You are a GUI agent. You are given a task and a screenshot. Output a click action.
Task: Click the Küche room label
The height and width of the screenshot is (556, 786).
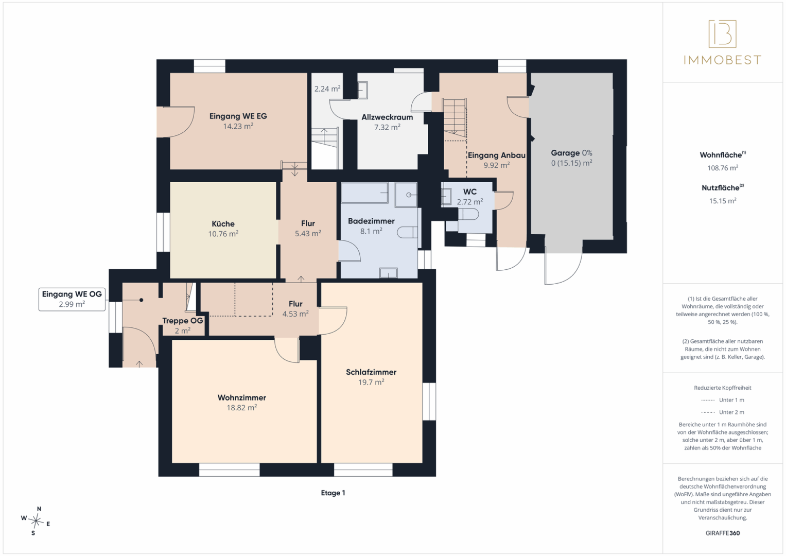223,223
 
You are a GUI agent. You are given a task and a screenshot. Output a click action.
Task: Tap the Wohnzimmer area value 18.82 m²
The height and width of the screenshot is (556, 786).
242,408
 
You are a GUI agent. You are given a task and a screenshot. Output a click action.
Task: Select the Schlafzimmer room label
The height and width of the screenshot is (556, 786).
371,372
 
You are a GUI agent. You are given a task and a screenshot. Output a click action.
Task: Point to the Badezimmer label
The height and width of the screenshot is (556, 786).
371,221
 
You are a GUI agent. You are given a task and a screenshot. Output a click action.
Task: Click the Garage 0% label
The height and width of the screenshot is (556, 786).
571,153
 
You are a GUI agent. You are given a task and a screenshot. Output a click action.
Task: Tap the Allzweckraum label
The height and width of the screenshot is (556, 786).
388,117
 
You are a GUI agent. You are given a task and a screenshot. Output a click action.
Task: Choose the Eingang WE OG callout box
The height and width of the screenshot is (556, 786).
72,299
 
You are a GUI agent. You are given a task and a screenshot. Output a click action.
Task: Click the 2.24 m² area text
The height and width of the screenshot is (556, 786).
327,89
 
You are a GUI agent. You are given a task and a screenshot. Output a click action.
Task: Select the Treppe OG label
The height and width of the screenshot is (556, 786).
182,320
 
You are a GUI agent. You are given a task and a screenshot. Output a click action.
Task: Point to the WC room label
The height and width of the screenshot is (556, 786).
470,192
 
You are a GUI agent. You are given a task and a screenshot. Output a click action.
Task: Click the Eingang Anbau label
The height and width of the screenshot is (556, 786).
497,155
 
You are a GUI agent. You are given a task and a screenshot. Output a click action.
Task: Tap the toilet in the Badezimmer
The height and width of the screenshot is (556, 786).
407,232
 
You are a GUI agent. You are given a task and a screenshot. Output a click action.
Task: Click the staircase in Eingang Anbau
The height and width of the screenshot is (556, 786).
455,117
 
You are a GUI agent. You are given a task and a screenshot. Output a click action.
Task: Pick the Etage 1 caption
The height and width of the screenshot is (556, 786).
333,493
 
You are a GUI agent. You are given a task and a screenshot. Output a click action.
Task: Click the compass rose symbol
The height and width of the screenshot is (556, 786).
36,521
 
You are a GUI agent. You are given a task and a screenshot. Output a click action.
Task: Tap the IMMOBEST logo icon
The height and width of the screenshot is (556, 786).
723,33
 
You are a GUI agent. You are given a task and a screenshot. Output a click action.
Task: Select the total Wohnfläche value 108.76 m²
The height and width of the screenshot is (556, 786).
723,168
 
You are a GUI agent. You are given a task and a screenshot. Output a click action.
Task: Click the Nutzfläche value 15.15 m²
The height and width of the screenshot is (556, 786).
723,201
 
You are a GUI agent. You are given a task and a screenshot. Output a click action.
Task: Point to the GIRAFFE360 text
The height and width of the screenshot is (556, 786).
723,533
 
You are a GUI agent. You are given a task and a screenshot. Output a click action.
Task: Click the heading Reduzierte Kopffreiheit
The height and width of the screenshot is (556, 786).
723,388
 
